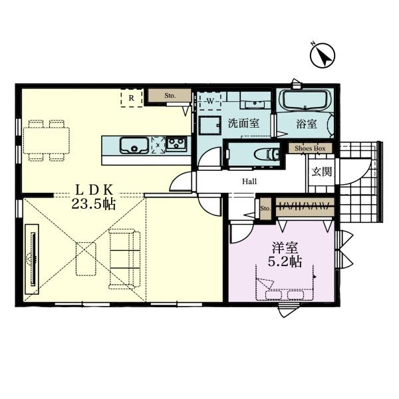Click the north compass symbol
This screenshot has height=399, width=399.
coord(323,55)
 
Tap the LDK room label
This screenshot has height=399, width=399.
coord(94,190)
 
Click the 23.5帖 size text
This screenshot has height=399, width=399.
coord(93,204)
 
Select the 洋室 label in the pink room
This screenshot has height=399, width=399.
coord(285,247)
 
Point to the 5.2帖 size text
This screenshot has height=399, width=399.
coord(285,261)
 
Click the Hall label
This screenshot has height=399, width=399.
coord(249,182)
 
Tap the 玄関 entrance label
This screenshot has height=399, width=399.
coord(322,172)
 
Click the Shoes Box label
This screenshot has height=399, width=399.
coord(310,148)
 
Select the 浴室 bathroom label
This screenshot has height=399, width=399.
coord(307,124)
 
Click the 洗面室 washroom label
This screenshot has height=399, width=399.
coord(243,124)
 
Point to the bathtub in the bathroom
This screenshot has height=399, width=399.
coord(305,100)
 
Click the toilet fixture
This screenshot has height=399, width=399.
coord(267,154)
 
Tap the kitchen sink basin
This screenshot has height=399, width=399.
coord(134,145)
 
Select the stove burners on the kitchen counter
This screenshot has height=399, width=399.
coord(176,144)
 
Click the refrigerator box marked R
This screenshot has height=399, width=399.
coord(132,98)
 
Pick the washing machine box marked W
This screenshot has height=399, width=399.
coord(210,101)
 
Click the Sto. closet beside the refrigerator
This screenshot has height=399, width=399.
coord(170,96)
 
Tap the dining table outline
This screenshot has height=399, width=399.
coord(47,140)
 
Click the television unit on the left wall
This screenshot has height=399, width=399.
coord(33,259)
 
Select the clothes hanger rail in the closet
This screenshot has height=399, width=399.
coord(305,205)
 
